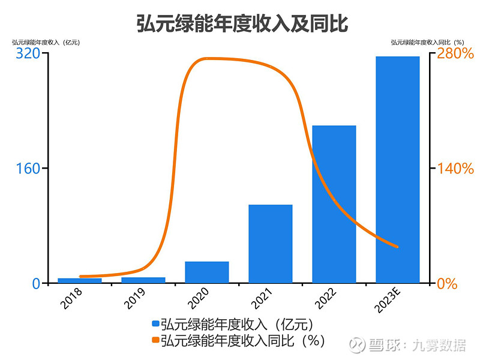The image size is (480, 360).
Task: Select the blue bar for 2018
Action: click(80, 280)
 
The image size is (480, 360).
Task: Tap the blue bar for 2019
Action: click(143, 280)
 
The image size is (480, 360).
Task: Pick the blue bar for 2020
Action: click(207, 272)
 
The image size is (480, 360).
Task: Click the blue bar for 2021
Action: click(271, 244)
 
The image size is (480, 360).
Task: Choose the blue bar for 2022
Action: click(334, 204)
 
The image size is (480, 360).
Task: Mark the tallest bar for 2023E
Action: click(398, 169)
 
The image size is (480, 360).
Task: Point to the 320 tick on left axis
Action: click(28, 53)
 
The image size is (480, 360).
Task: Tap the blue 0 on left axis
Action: click(35, 283)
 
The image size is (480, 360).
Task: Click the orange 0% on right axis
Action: click(446, 283)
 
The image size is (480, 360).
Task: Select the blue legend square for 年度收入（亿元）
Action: click(155, 325)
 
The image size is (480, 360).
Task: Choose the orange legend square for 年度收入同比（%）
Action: click(155, 341)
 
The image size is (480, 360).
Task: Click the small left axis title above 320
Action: click(46, 42)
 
